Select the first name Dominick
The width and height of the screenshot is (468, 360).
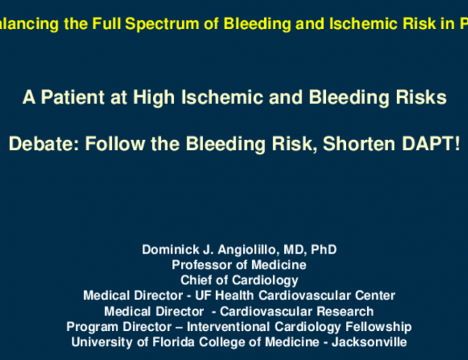pyautogui.click(x=169, y=250)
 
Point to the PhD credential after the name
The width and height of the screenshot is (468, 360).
pyautogui.click(x=324, y=250)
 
